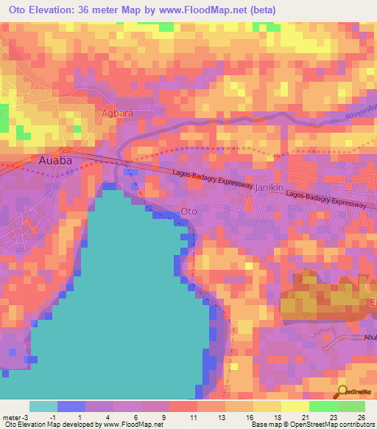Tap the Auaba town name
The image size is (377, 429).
pyautogui.click(x=56, y=159)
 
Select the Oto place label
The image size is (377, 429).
pyautogui.click(x=188, y=212)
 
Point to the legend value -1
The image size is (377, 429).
pyautogui.click(x=54, y=416)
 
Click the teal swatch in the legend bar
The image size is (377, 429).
pyautogui.click(x=43, y=406)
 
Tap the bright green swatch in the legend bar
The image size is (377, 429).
pyautogui.click(x=323, y=406)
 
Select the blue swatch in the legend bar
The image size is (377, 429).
pyautogui.click(x=71, y=406)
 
